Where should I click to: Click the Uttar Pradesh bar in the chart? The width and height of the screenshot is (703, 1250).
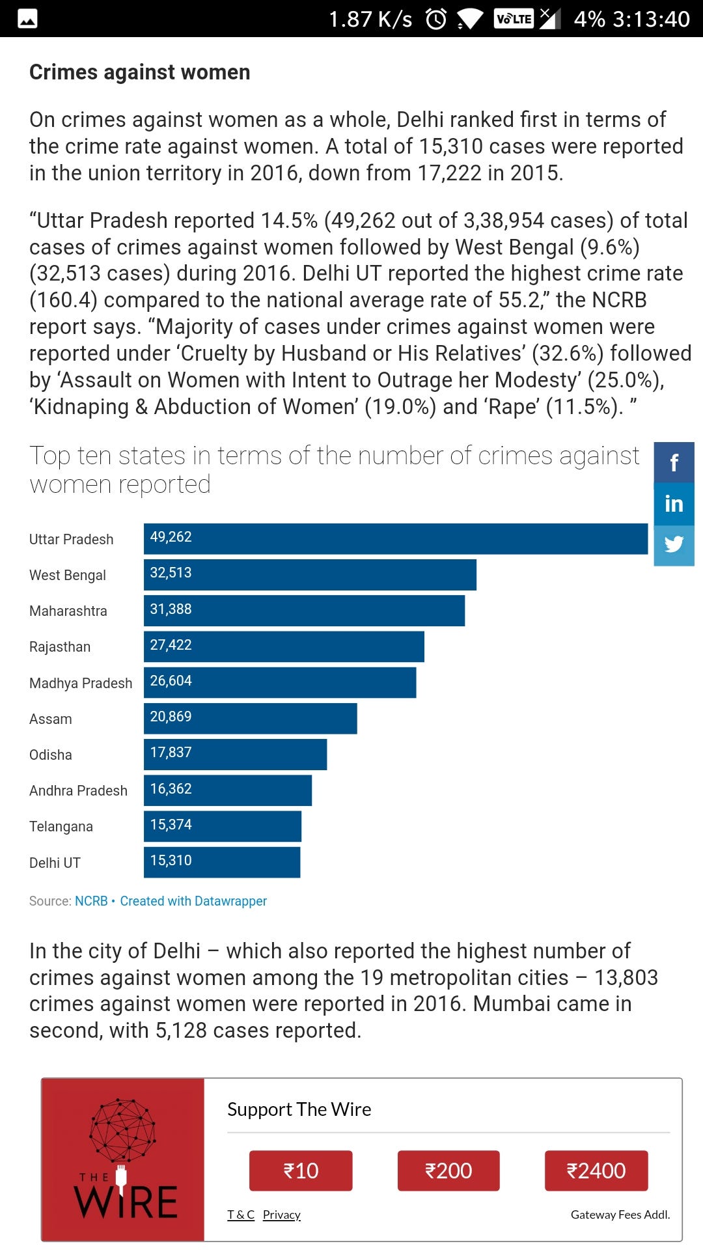[x=396, y=538]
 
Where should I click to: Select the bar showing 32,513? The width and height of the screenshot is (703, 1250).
[x=310, y=574]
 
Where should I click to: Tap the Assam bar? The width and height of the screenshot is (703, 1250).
[x=250, y=718]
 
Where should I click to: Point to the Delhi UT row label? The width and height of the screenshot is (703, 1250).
[x=55, y=863]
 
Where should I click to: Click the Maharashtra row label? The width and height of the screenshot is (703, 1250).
[x=68, y=611]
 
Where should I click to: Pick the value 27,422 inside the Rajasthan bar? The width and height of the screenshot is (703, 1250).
[x=171, y=645]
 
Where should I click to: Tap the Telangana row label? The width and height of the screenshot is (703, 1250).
[x=61, y=827]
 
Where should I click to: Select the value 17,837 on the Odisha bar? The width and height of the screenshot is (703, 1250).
[x=171, y=752]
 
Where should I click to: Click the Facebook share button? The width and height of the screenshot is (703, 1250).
[x=674, y=462]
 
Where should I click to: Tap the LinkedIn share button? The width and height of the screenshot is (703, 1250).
[x=674, y=503]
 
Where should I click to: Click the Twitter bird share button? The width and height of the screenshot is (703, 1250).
[x=674, y=545]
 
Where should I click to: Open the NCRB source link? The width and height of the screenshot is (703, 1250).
[x=91, y=901]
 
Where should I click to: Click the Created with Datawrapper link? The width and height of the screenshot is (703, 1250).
[x=193, y=901]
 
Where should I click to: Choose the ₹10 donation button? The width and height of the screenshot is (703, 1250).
[x=301, y=1171]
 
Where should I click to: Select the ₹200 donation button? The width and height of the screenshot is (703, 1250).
[x=448, y=1171]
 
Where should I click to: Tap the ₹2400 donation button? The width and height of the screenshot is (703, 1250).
[x=596, y=1171]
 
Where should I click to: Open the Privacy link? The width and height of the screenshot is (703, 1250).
[x=282, y=1214]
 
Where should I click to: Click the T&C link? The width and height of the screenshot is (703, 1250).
[x=241, y=1214]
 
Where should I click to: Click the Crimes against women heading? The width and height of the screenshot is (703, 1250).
[x=140, y=72]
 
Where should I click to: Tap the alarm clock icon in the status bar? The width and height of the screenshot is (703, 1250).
[x=436, y=19]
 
